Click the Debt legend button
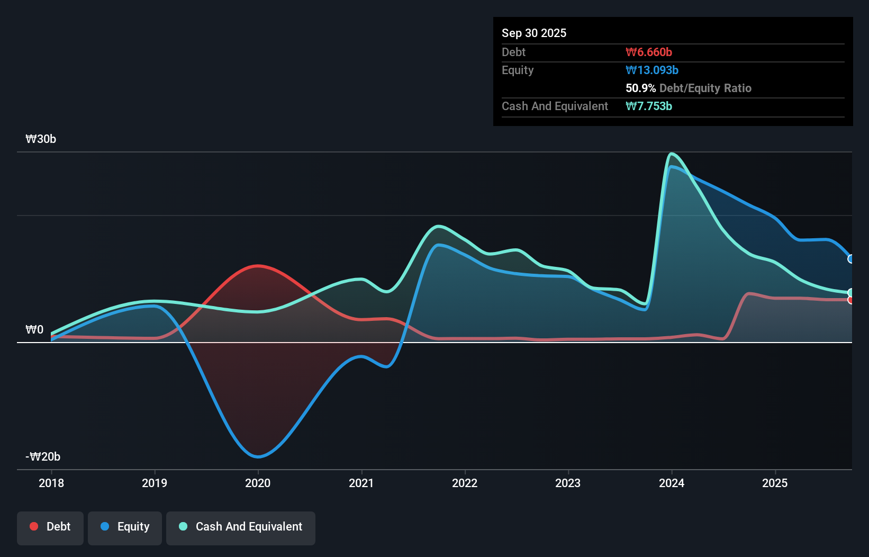tap(50, 527)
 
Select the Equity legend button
tap(125, 527)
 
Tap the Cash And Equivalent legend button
tap(240, 527)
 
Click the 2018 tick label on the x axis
tap(51, 483)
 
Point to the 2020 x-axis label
tap(258, 483)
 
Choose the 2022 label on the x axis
tap(465, 483)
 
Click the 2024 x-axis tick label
tap(672, 483)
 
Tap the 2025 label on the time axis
tap(775, 483)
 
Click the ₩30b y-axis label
tap(41, 139)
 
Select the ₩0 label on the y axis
tap(34, 330)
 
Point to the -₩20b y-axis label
tap(43, 457)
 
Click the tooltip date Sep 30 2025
tap(533, 33)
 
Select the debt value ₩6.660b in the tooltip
tap(648, 52)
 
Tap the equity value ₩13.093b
tap(651, 70)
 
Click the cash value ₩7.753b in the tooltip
tap(648, 106)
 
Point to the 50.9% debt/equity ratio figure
tap(640, 88)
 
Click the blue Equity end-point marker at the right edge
tap(851, 259)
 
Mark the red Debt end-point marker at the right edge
tap(851, 300)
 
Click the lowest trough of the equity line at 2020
tap(258, 456)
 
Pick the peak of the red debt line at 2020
tap(258, 266)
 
